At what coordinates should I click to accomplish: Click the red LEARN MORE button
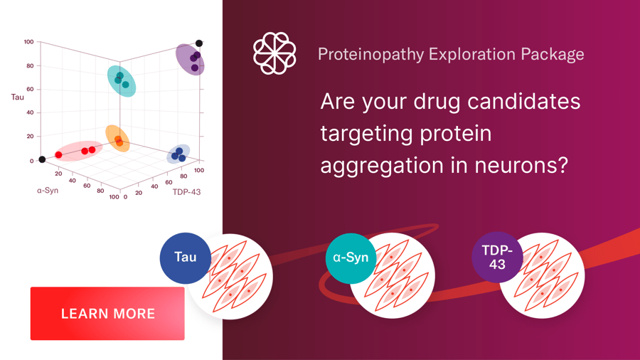point(107,314)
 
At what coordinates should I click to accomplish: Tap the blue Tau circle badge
point(186,258)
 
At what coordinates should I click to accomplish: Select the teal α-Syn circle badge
point(351,258)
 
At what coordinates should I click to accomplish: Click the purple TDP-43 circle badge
point(497,257)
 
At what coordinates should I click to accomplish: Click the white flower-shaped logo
point(274,53)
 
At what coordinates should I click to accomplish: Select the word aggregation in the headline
point(380,164)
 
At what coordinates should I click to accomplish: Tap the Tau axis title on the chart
point(17,97)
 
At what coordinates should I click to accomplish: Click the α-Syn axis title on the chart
point(48,191)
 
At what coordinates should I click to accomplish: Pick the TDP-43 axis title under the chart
point(186,191)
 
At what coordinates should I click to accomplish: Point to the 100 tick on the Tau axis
point(28,42)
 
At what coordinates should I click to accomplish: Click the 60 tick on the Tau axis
point(30,89)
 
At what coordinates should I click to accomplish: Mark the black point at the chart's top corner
point(199,43)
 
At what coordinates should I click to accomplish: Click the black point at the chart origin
point(42,159)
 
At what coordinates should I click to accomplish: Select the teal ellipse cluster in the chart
point(122,80)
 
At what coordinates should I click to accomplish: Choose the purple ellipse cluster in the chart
point(191,60)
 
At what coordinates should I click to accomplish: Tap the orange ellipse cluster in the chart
point(117,139)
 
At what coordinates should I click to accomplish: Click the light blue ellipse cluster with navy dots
point(178,154)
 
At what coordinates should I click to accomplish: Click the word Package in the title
point(553,54)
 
